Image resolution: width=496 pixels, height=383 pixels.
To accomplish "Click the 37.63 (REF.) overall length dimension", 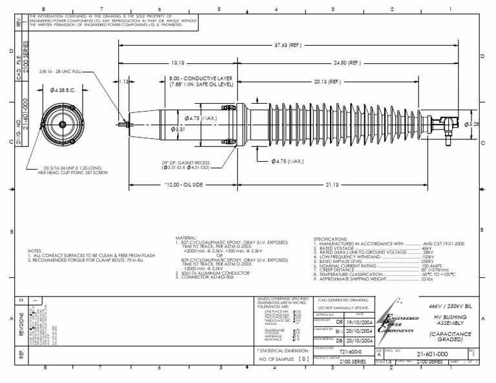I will point(288,45).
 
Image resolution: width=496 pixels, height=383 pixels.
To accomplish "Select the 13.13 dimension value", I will point(179,63).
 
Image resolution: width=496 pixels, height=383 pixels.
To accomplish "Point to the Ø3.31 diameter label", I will point(177,130).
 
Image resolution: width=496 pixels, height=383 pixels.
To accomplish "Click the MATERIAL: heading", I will point(187,238).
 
